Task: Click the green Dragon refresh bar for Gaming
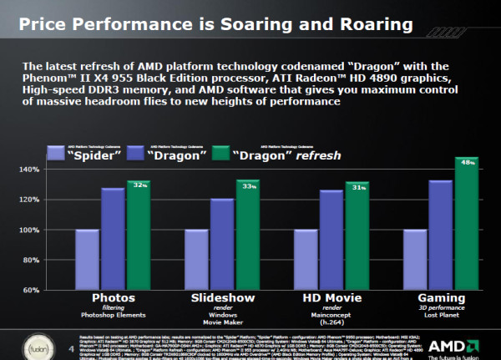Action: point(466,224)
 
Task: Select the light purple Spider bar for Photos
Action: point(87,259)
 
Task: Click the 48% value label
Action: point(468,161)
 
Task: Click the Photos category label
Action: point(113,297)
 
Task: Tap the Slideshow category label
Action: point(222,297)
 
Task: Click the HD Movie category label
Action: point(331,297)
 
